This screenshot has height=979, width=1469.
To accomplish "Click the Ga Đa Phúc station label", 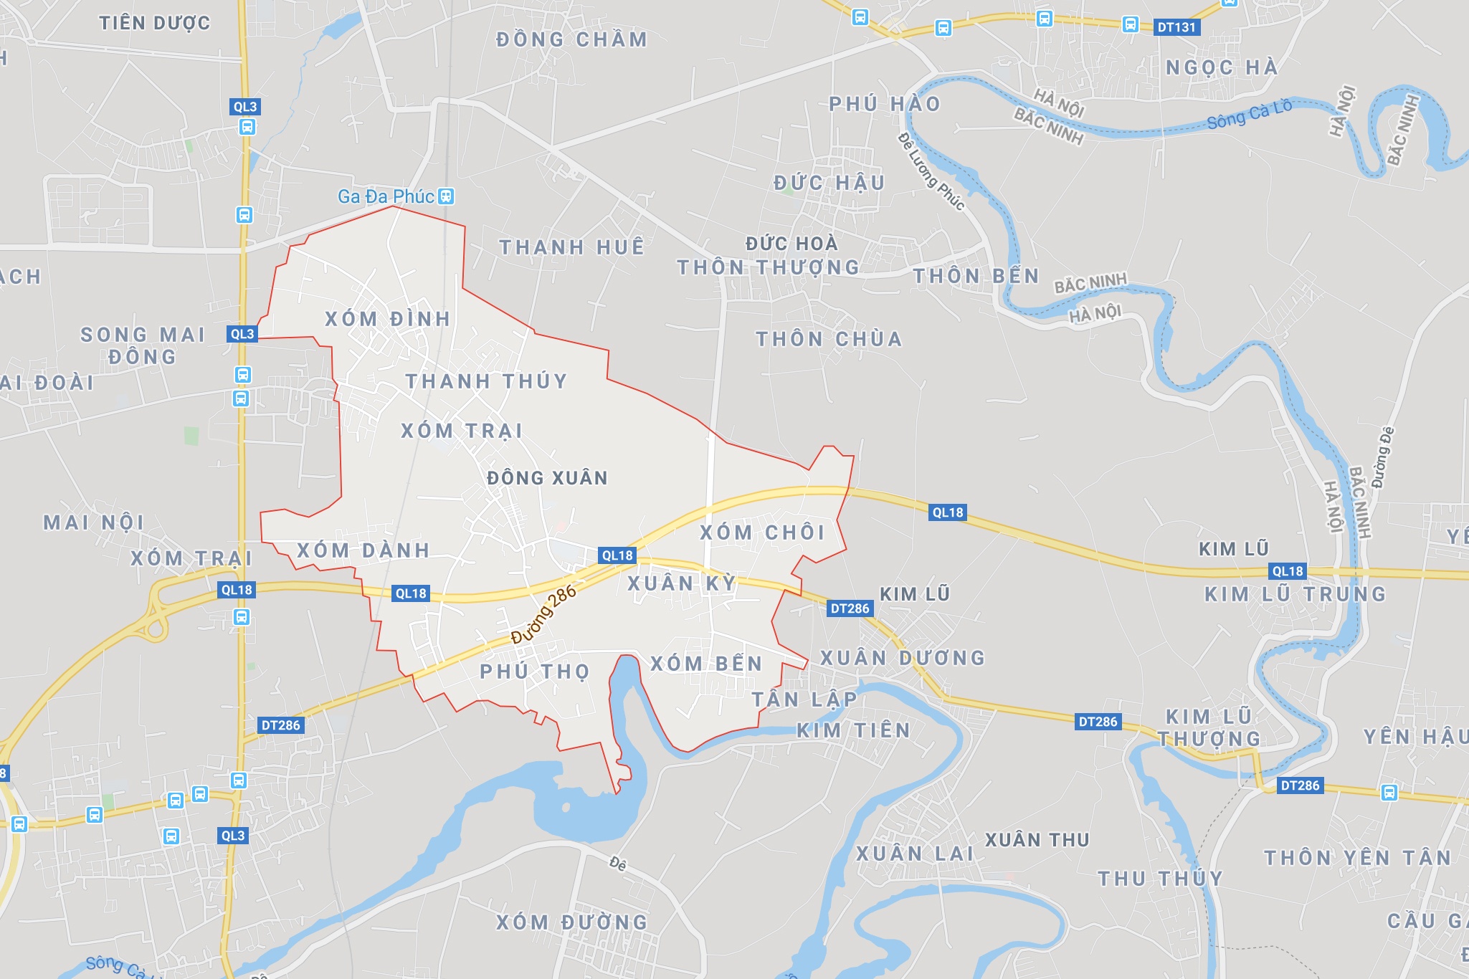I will coord(386,196).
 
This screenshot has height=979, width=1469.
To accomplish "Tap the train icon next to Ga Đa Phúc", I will coord(446,196).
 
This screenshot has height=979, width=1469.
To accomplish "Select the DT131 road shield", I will coord(1177,27).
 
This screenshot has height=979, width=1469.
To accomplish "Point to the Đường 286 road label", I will coord(544,614).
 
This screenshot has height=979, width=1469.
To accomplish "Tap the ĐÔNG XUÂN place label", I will coord(547,478).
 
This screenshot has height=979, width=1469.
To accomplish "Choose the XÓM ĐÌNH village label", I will coord(388,319).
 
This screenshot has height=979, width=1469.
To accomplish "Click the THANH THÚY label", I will coord(487,381).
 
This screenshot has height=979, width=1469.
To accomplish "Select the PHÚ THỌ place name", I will coord(535,672).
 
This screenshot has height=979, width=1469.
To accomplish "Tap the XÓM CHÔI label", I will coord(763,533).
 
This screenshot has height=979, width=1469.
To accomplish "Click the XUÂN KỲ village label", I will coord(683,583).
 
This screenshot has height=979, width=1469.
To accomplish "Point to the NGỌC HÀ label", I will coord(1222,68).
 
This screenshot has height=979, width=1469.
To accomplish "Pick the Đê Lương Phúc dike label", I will coord(931,172).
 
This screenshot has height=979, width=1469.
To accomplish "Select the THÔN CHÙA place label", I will coord(829,339).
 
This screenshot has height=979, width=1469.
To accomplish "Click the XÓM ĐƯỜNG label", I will coord(572,922).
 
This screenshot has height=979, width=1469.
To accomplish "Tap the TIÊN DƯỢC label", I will coord(155,23).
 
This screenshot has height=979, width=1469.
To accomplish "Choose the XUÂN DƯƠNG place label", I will coord(903,658).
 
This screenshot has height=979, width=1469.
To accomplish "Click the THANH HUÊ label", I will coord(572,247).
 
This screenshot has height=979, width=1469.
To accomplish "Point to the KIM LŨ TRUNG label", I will coord(1296,594).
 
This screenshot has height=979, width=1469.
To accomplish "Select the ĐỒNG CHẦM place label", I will coord(571,39).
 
